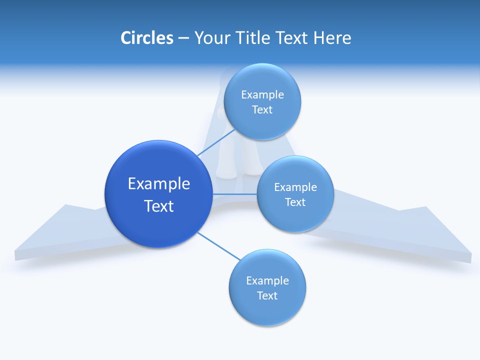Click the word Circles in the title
point(147,38)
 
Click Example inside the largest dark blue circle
point(159,184)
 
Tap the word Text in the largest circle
point(159,206)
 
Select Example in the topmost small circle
point(262,95)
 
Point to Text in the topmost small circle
point(262,109)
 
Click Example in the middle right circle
point(295,187)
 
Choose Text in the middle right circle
point(295,202)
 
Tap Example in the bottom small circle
point(267,281)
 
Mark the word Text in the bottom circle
point(267,295)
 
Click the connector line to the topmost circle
point(216,142)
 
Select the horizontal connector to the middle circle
point(234,194)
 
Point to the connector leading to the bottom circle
point(219,246)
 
